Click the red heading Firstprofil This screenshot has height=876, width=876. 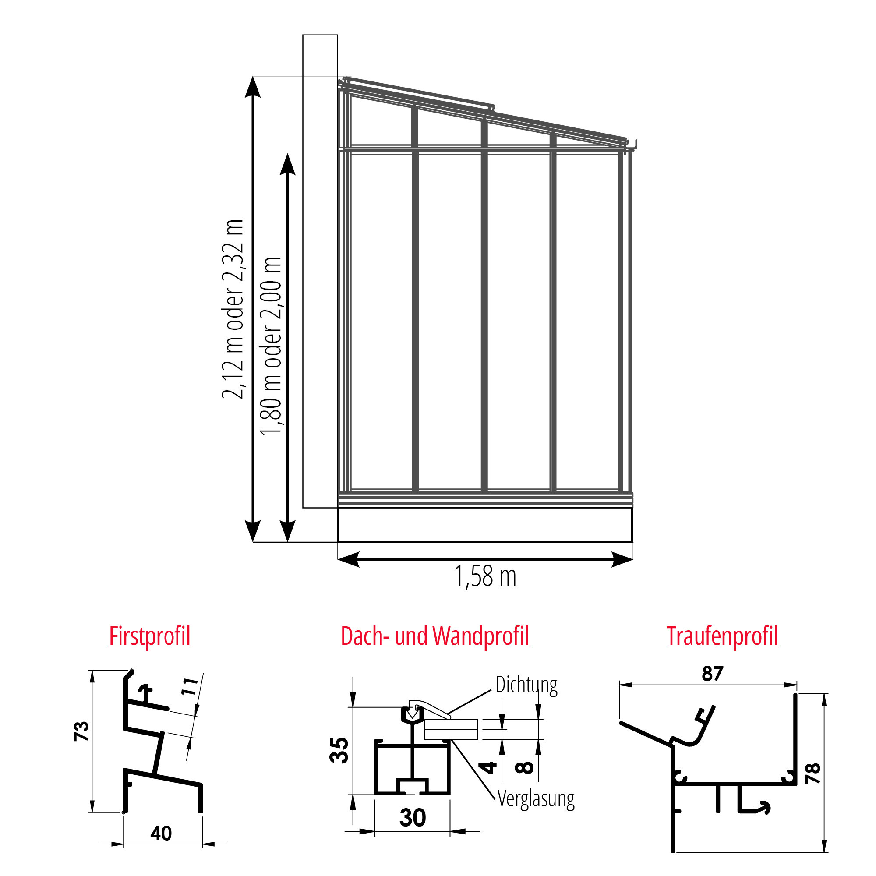(150, 636)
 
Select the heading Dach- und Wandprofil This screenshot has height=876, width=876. (435, 636)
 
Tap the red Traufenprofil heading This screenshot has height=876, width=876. (722, 636)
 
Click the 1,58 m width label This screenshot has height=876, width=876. (485, 576)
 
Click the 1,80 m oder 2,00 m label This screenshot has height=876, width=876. (271, 346)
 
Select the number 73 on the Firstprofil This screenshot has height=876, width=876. (81, 731)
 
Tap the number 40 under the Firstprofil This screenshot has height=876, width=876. (161, 834)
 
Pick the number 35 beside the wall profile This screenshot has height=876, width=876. (339, 750)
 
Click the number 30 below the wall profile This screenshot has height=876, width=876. (413, 817)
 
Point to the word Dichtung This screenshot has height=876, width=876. (526, 685)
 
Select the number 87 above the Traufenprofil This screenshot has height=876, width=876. (712, 674)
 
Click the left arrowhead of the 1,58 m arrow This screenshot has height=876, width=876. (348, 559)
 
